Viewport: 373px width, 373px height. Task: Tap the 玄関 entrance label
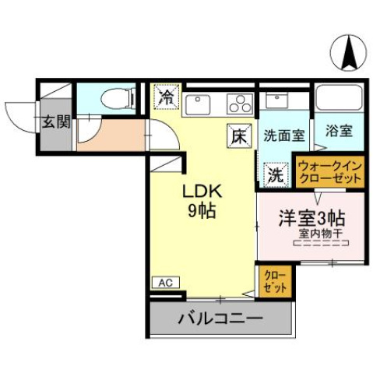pos(56,121)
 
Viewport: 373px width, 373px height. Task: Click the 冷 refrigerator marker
pos(167,97)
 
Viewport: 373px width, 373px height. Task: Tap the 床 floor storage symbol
pos(237,135)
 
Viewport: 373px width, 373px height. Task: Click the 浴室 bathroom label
pos(338,131)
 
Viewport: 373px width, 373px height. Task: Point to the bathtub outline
pos(340,100)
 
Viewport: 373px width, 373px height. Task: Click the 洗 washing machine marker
pos(275,174)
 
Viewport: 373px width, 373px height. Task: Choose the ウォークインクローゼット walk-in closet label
pos(330,171)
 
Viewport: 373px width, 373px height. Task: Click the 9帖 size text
pos(202,210)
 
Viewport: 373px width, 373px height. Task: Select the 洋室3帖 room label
pos(312,218)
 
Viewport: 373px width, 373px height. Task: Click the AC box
pos(165,283)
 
